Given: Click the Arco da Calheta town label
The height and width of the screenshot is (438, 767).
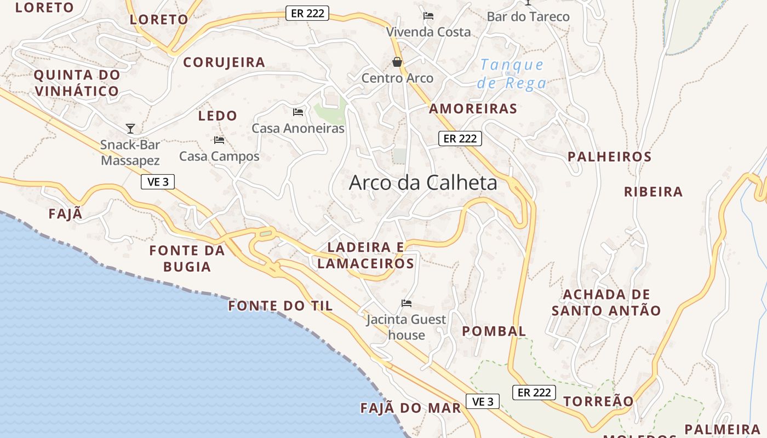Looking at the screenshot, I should point(423,183).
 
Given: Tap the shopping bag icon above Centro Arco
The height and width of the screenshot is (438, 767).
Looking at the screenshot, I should point(397,62).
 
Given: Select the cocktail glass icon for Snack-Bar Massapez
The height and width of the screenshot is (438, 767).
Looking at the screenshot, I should point(130,129).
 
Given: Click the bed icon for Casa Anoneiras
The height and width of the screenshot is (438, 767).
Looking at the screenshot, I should point(298,112).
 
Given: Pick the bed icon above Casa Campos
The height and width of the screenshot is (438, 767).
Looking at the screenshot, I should point(219,140).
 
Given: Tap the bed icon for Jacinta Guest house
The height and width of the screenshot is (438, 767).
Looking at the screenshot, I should point(406,303).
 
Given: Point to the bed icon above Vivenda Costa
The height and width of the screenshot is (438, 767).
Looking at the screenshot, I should point(428,16).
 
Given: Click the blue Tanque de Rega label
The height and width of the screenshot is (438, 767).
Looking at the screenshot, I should point(512,74).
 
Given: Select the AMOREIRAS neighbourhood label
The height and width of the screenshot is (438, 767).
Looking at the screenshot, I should point(473,109).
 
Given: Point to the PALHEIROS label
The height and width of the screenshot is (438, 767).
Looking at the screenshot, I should point(609,157).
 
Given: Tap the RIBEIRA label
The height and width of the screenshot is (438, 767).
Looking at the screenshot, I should point(653,192).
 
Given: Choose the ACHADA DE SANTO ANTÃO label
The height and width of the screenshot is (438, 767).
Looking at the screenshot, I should point(606,303).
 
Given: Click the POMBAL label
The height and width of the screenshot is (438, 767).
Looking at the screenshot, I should point(494,331).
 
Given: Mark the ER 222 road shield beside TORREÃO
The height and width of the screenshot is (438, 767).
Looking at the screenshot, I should point(534,393).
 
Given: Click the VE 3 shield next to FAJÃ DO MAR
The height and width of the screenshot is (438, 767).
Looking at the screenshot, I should point(483,402).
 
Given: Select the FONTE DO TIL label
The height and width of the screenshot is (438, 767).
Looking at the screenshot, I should point(281,306).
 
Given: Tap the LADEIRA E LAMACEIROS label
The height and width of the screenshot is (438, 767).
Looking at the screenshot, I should point(365,256).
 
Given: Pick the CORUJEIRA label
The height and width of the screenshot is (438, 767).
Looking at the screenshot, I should point(224,62).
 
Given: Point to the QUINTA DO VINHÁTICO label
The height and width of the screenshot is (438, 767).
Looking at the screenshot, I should point(77,83).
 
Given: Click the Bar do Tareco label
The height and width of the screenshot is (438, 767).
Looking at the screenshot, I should point(528,17).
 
